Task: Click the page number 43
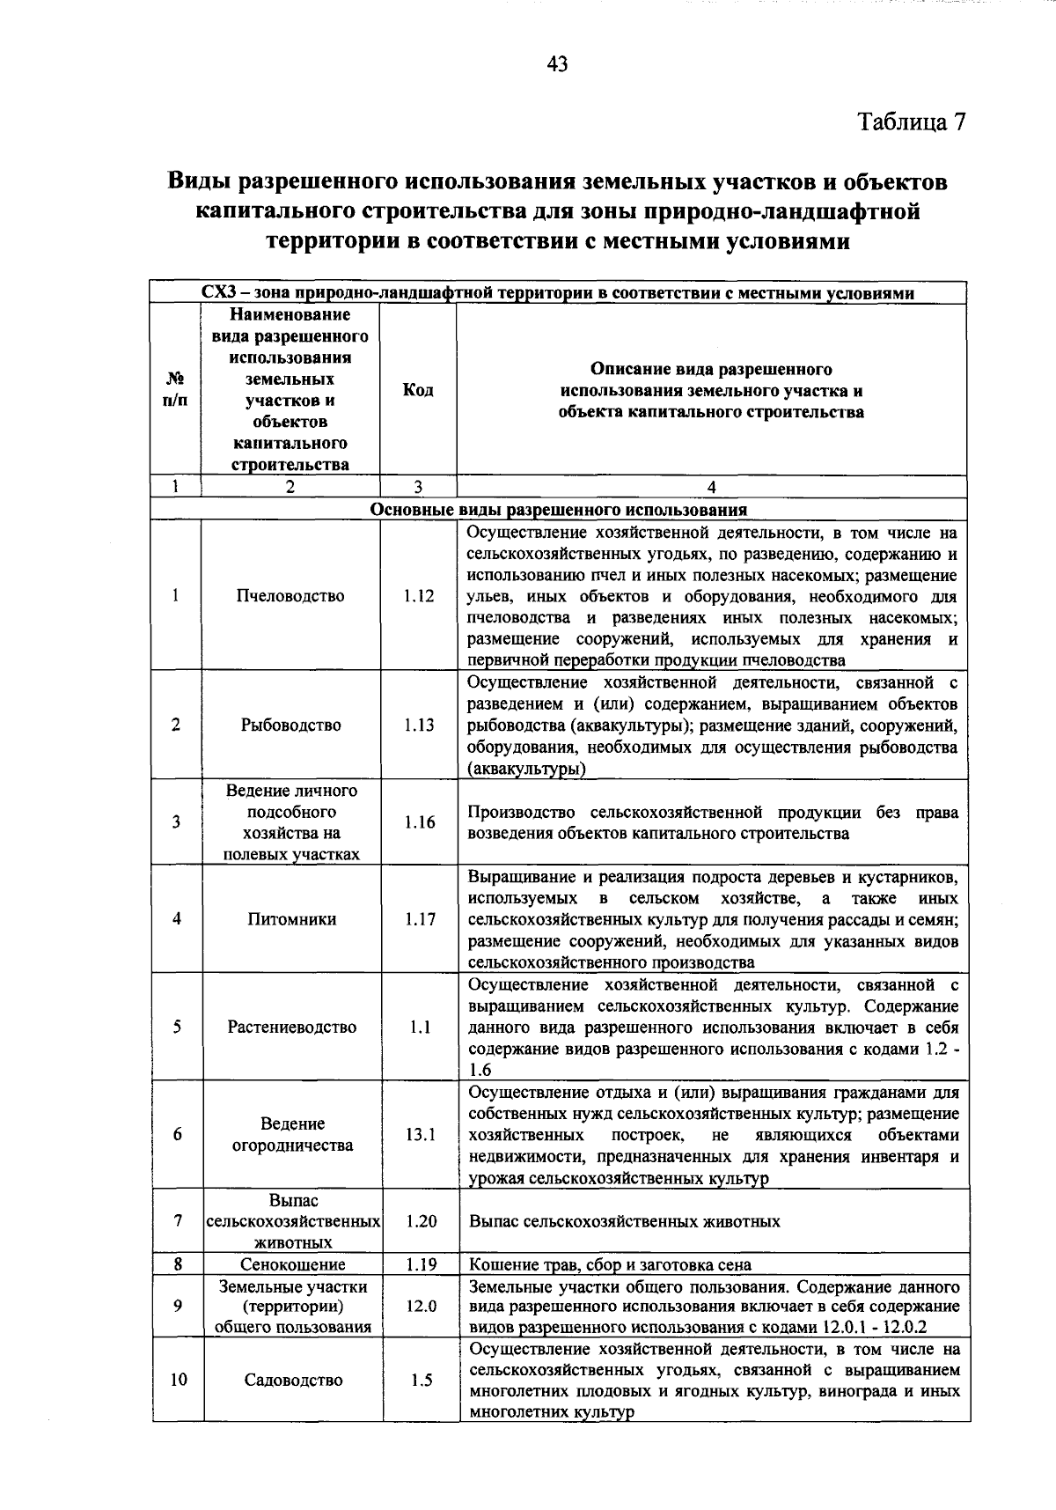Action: click(x=557, y=63)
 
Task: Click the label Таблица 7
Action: click(x=913, y=122)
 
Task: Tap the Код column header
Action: click(x=418, y=390)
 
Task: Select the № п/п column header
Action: click(x=176, y=390)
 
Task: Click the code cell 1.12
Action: click(x=419, y=596)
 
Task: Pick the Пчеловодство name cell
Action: click(x=290, y=596)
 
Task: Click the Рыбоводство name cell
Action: click(x=290, y=726)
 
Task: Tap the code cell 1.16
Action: click(x=420, y=822)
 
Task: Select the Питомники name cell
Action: click(x=291, y=919)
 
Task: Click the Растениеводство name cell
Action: click(x=292, y=1028)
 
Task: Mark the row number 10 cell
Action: click(x=178, y=1381)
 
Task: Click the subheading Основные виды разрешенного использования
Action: click(x=559, y=510)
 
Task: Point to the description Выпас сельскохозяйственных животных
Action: click(x=625, y=1222)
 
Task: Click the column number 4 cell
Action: click(x=711, y=487)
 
